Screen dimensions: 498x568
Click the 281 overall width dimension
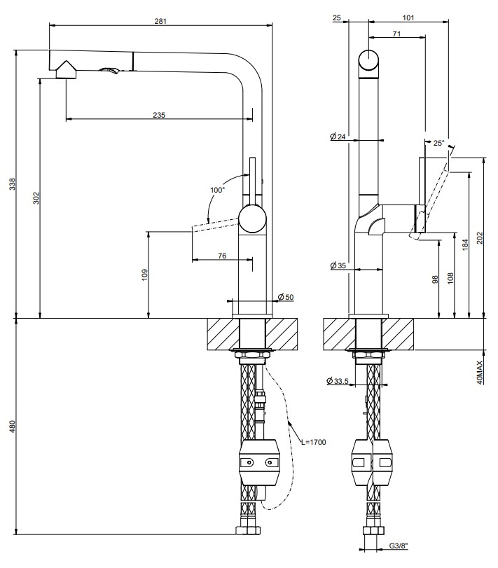tap(160, 21)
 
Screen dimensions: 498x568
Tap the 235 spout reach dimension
tap(159, 115)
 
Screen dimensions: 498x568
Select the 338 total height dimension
tap(13, 184)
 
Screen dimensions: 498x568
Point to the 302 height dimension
tap(36, 198)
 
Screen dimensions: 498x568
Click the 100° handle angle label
tap(217, 190)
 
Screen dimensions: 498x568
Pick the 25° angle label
tap(438, 143)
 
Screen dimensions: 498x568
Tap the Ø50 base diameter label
tap(286, 297)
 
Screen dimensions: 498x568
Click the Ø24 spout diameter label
tap(338, 137)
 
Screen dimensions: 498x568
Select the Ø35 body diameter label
tap(338, 265)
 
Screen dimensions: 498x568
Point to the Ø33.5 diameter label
tap(337, 381)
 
